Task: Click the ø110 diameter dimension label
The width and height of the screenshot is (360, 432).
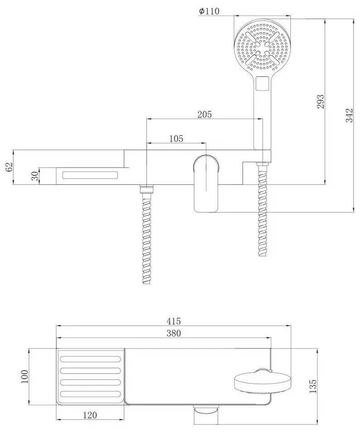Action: point(209,11)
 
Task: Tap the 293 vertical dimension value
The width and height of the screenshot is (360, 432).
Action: point(321,102)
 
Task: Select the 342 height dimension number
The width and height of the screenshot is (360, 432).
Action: point(349,115)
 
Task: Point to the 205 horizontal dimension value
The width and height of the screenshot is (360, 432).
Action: point(204,114)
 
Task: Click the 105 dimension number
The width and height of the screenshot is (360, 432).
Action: point(176,139)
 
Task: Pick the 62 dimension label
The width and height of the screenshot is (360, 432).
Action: point(9,167)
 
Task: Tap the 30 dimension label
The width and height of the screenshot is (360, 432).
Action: point(35,176)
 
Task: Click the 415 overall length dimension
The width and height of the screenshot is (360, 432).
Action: point(174,321)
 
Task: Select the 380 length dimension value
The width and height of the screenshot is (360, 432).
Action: point(174,333)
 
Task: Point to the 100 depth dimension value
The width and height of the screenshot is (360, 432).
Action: point(24,376)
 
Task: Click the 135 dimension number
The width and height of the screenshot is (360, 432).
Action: point(313,386)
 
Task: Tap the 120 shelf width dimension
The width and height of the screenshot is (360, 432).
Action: point(90,415)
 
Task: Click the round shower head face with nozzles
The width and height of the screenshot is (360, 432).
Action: point(262,47)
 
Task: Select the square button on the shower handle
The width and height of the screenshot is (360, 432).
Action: point(262,83)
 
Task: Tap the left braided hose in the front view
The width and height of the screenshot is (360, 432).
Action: point(147,235)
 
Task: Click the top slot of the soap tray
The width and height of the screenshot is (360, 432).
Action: point(90,359)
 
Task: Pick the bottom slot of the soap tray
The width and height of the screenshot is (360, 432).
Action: point(90,394)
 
